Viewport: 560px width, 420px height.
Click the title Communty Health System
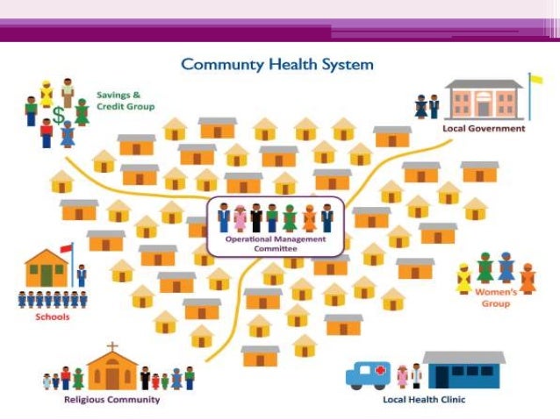[277, 64]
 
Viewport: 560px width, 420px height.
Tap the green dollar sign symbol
[58, 114]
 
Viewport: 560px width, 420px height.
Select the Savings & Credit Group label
[126, 100]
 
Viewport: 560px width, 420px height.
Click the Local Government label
[484, 128]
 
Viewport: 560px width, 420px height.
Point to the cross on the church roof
[111, 347]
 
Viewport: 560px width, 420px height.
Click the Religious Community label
[112, 399]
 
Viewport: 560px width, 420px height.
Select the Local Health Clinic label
[424, 399]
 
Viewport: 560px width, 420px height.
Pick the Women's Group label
[494, 297]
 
